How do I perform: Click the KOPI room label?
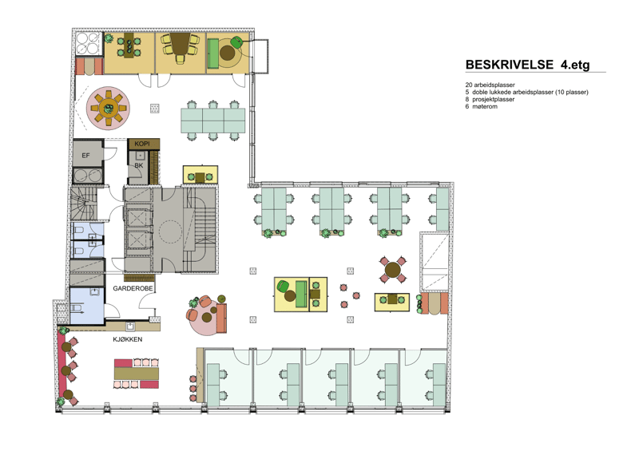(x=142, y=144)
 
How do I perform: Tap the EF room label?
(x=85, y=155)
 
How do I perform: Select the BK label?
(x=138, y=165)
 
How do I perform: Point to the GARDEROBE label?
(x=133, y=288)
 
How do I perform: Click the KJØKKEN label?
(x=128, y=339)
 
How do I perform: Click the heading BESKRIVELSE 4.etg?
(x=527, y=65)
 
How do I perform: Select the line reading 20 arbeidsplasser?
(x=490, y=85)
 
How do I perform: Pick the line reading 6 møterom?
(x=482, y=107)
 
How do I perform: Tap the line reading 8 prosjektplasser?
(x=490, y=100)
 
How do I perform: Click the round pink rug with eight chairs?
(x=108, y=109)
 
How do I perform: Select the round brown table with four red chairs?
(x=393, y=270)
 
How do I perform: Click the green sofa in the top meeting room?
(x=212, y=53)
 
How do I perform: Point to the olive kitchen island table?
(x=136, y=374)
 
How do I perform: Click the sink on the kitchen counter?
(x=130, y=326)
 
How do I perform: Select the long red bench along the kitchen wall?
(x=62, y=365)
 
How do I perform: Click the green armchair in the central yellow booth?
(x=283, y=286)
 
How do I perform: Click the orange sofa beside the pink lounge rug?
(x=222, y=318)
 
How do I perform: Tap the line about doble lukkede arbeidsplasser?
(x=527, y=92)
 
